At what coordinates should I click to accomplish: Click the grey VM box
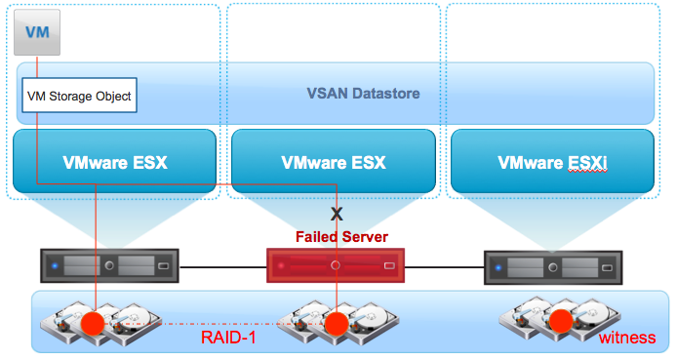(x=37, y=33)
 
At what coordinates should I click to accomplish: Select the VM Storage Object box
(x=79, y=96)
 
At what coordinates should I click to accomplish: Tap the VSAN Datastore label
(x=363, y=93)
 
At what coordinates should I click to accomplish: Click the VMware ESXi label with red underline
(x=552, y=163)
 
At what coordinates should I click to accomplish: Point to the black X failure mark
(x=337, y=214)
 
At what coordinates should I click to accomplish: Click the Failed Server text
(x=341, y=237)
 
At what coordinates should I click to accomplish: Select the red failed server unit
(x=336, y=265)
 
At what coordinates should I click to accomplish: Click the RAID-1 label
(x=228, y=338)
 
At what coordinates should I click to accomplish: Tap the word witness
(x=627, y=338)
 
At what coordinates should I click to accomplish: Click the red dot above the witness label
(x=561, y=321)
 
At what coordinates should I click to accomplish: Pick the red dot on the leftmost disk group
(x=93, y=324)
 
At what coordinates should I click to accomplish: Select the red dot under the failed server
(x=337, y=324)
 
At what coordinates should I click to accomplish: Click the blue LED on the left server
(x=55, y=266)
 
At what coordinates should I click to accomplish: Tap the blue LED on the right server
(x=498, y=267)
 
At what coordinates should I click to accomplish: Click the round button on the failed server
(x=336, y=265)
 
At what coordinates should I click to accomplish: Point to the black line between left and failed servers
(x=222, y=267)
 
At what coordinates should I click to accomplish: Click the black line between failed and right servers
(x=445, y=267)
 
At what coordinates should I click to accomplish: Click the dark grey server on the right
(x=553, y=267)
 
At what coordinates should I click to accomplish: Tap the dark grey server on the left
(x=109, y=266)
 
